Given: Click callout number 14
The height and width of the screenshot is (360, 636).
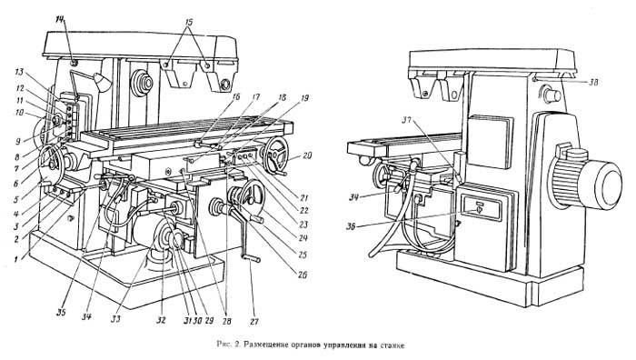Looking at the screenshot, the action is click(x=60, y=20).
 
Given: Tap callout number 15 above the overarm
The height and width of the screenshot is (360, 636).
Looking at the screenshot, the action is click(x=188, y=22).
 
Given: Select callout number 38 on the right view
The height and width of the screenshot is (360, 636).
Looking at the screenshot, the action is click(x=592, y=82).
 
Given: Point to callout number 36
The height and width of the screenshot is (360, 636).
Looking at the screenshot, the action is click(x=351, y=227).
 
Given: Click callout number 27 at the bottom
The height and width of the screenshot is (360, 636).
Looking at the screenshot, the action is click(x=253, y=322).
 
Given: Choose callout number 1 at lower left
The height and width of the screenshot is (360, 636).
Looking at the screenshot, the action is click(x=16, y=258).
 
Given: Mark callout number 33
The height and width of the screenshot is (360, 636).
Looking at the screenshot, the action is click(x=116, y=318).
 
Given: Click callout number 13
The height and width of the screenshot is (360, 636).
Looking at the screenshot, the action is click(x=19, y=72).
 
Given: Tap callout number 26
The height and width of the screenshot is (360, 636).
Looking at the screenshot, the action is click(x=303, y=275).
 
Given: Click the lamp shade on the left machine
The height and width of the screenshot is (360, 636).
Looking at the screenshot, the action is click(x=102, y=83).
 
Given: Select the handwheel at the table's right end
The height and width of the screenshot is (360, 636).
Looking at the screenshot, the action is click(x=276, y=154).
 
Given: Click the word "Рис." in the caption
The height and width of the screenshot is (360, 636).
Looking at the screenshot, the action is click(x=224, y=345).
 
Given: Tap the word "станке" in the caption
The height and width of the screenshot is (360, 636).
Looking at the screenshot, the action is click(x=393, y=345).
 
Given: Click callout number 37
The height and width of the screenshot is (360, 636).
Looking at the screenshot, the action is click(x=408, y=120).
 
